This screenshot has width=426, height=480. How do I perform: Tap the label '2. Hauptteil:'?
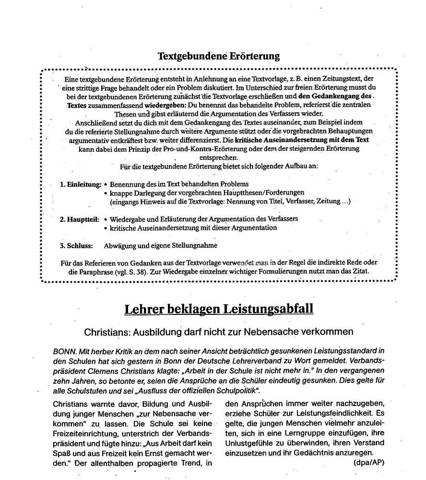click(x=80, y=219)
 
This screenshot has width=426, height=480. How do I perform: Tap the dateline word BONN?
click(x=64, y=351)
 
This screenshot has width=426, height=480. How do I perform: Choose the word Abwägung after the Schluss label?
click(x=120, y=246)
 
